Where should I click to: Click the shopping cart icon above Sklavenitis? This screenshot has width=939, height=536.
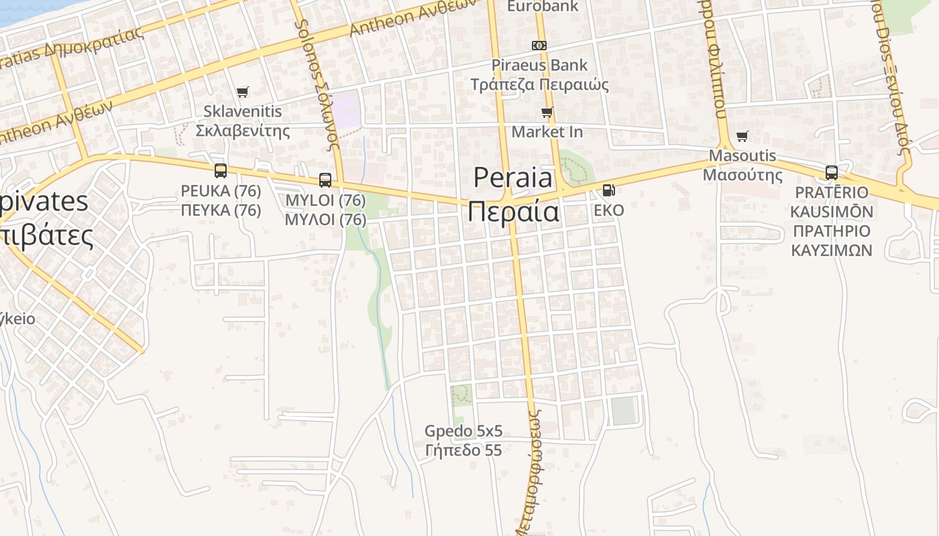click(242, 92)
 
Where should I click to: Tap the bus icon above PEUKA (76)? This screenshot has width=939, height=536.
click(221, 171)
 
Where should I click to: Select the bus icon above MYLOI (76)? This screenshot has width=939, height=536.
click(325, 180)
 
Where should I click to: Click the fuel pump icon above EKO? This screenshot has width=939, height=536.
click(608, 190)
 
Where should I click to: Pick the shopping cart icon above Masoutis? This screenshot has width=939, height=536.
click(742, 137)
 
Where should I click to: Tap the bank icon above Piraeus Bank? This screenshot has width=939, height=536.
click(539, 46)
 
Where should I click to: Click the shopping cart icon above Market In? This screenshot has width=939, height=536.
click(547, 112)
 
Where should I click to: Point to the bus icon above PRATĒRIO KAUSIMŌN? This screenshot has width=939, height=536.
click(832, 172)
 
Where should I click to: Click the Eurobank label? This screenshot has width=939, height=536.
click(542, 7)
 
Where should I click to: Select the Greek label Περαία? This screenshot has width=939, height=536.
click(513, 212)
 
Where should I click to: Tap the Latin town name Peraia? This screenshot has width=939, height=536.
click(513, 178)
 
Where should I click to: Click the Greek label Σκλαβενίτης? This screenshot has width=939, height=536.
click(243, 131)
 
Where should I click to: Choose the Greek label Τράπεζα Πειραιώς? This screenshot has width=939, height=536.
click(539, 85)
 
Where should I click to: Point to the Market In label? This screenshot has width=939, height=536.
click(547, 132)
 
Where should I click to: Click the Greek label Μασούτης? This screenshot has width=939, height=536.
click(742, 176)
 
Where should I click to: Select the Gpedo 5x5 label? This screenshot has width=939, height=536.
click(463, 431)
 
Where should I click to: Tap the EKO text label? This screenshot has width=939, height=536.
click(609, 210)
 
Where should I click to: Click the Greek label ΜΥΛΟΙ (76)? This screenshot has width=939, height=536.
click(325, 220)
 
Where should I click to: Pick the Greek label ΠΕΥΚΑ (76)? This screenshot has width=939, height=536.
click(221, 210)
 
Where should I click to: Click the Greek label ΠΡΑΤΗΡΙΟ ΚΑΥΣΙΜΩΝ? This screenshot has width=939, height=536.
click(832, 241)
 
